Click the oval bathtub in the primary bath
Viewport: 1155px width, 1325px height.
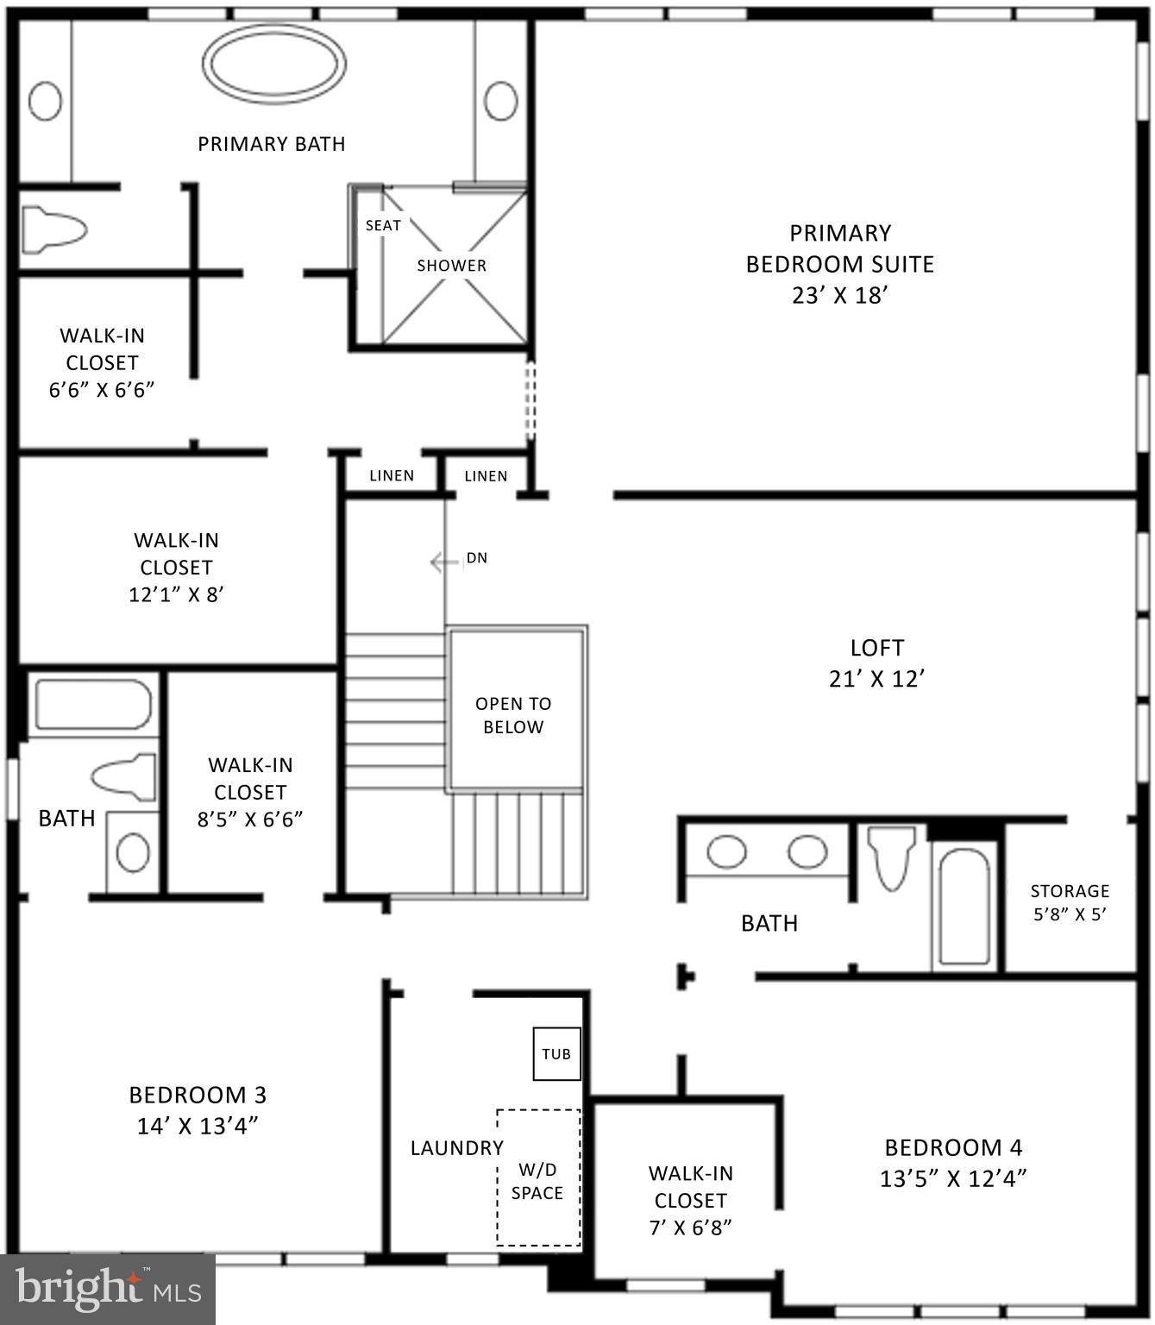(274, 64)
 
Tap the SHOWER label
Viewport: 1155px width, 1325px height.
(451, 266)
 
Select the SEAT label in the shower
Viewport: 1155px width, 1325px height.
(383, 225)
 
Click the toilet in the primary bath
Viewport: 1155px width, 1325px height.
(53, 230)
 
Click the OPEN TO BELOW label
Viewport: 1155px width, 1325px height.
(513, 715)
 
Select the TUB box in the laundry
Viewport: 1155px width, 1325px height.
(556, 1053)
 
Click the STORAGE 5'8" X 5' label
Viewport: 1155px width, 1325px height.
(1070, 901)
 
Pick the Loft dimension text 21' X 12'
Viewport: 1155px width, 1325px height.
(876, 679)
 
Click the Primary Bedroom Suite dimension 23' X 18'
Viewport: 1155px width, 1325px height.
(839, 296)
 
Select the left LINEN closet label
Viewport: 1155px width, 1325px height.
(392, 475)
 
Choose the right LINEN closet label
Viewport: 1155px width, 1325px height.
(486, 475)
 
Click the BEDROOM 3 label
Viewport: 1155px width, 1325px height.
(198, 1095)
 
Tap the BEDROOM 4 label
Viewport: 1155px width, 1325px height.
(953, 1147)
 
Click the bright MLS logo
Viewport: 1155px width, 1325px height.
(108, 1290)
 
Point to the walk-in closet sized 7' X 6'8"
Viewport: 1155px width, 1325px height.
(690, 1200)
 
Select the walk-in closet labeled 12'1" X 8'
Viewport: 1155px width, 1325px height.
(176, 567)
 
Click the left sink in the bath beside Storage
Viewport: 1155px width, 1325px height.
(726, 852)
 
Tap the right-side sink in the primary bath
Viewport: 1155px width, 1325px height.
(500, 101)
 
